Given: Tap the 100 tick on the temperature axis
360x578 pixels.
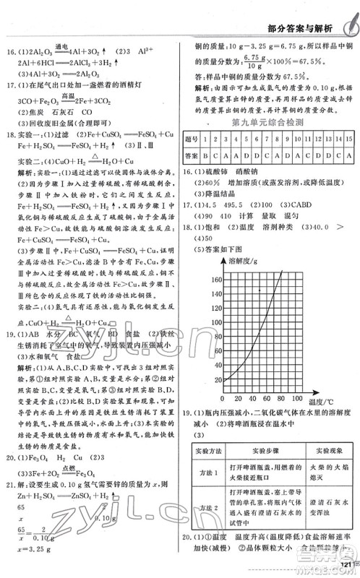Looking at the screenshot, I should (298, 399).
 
